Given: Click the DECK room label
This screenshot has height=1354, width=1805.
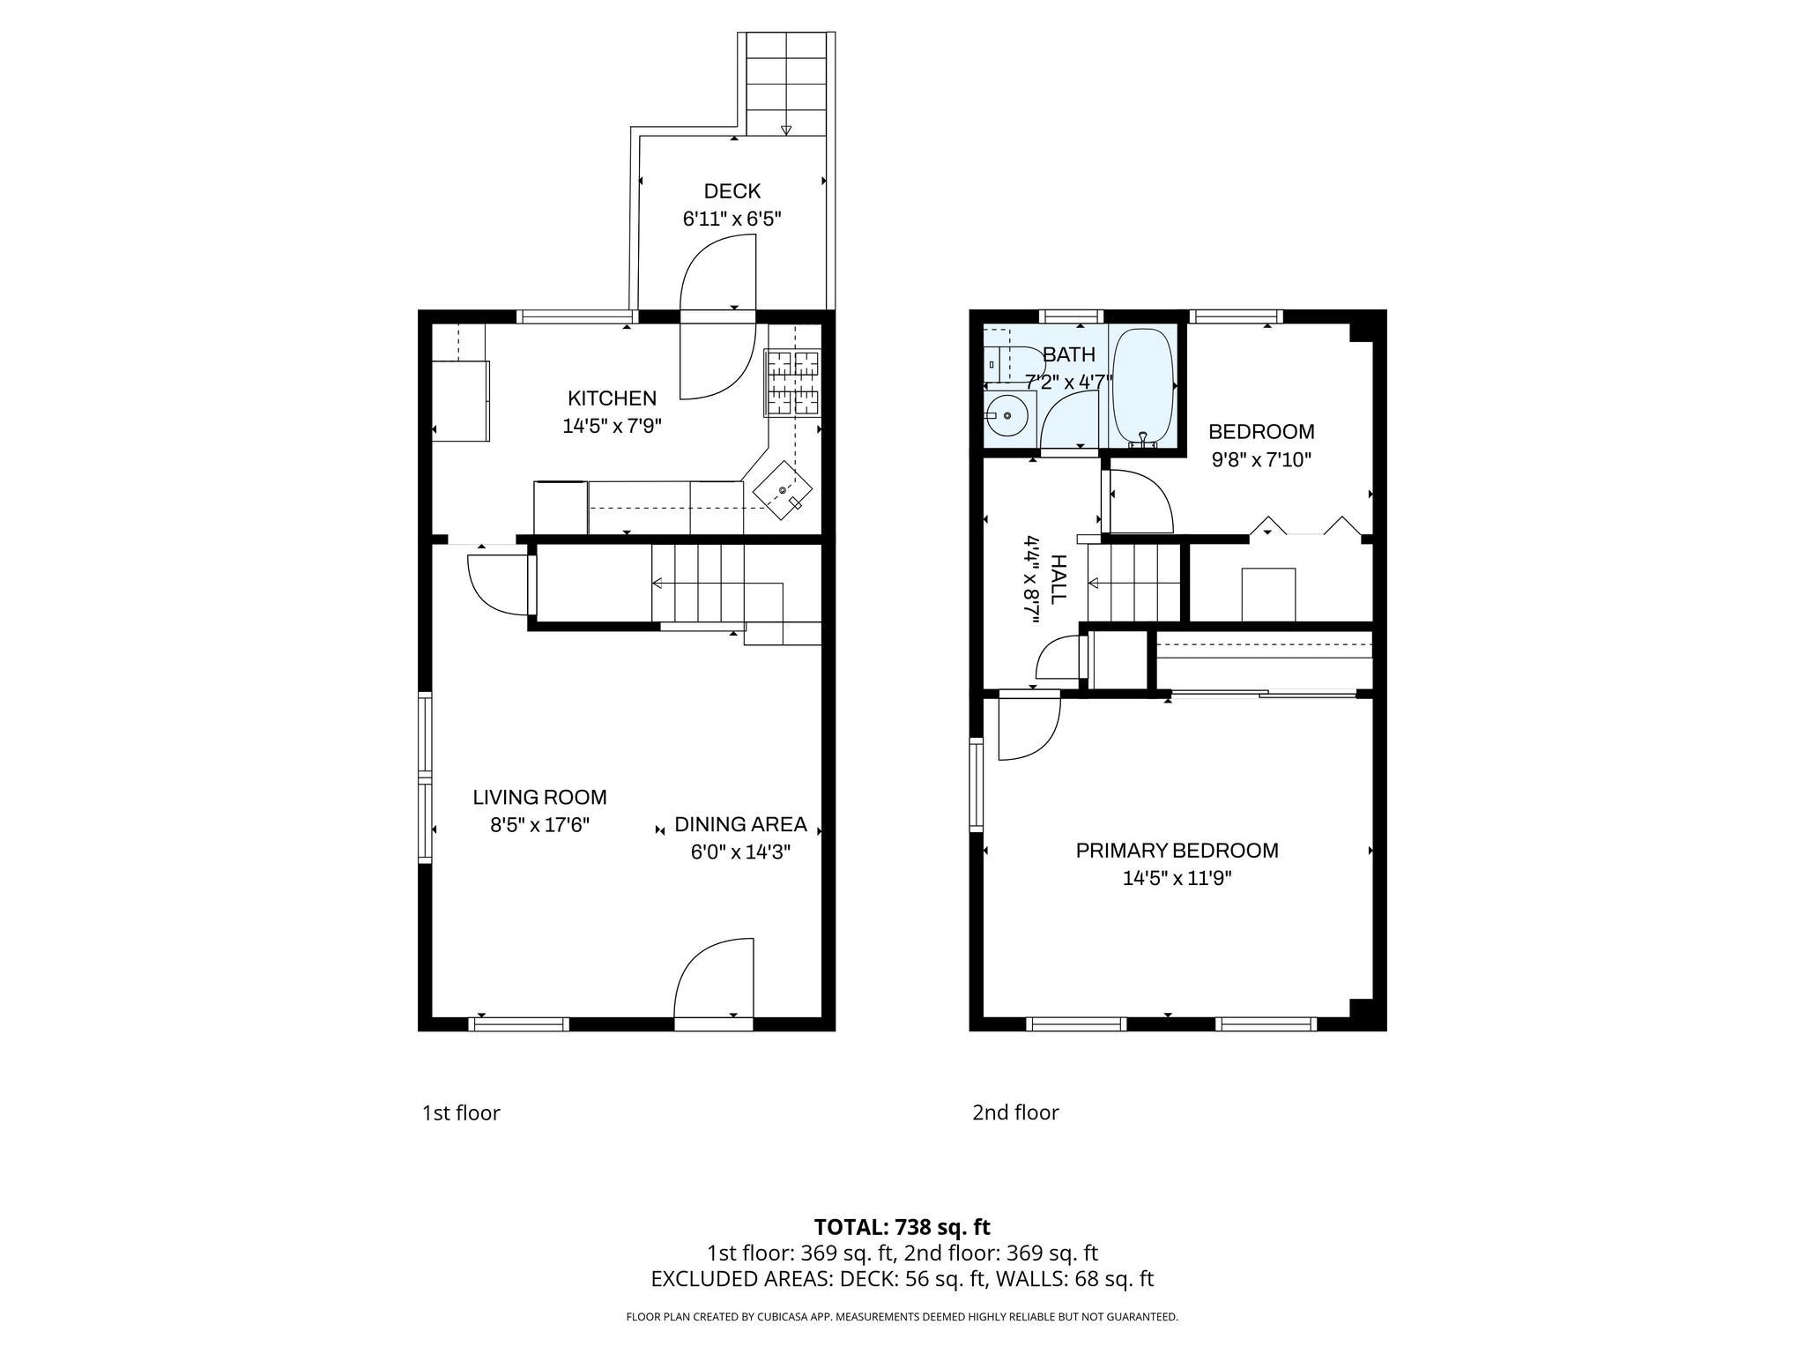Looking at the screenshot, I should [x=732, y=191].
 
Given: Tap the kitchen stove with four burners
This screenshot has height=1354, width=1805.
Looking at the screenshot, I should [x=791, y=383].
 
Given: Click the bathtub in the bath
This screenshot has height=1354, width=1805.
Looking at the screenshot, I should [x=1142, y=389].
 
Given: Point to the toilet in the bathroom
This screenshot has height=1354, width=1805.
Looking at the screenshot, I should [x=1014, y=363].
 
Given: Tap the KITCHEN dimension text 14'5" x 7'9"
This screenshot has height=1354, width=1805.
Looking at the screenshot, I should [x=612, y=427].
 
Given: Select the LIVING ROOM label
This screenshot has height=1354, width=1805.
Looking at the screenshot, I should [x=539, y=798].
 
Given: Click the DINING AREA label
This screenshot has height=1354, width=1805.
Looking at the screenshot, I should [x=740, y=824].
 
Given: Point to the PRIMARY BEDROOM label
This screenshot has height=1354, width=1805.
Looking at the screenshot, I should [x=1177, y=851].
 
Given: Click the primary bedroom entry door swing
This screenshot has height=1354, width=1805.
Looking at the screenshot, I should [x=1028, y=726].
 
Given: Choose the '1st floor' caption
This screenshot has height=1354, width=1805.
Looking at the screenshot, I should [x=461, y=1113].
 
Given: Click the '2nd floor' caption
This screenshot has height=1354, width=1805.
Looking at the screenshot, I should [x=1015, y=1112].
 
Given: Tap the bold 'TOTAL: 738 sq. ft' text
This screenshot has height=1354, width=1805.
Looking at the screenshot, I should [x=902, y=1227].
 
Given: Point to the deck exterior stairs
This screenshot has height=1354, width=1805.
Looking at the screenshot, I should [x=786, y=84].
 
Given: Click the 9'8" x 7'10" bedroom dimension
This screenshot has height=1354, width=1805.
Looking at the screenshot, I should [x=1261, y=459].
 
